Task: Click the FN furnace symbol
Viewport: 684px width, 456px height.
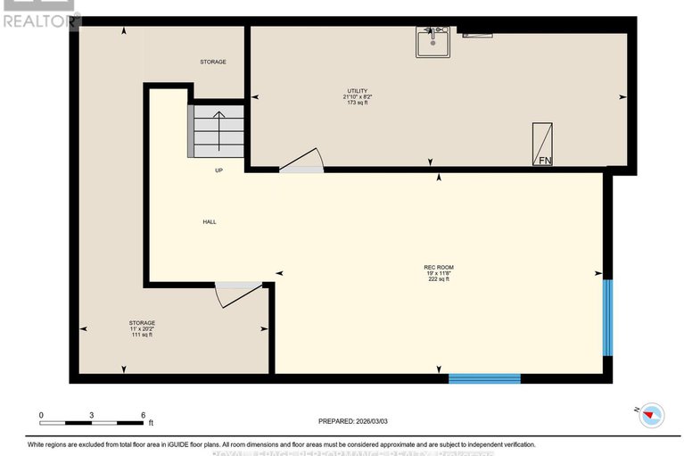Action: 542,145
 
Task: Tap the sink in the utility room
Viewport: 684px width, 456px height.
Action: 433,42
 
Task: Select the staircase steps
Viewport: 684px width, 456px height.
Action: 217,132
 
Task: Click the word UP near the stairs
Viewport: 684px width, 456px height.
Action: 218,170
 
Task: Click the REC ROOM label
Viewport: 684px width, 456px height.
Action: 439,267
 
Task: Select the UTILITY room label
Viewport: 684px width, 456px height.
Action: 357,91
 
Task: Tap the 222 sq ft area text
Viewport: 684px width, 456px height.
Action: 439,279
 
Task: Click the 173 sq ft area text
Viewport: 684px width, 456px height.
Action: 357,103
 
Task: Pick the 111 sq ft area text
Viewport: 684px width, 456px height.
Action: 142,335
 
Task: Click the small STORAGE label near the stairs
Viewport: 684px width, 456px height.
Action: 212,62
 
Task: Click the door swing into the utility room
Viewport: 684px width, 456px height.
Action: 301,161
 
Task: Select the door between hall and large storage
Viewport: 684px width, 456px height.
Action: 238,294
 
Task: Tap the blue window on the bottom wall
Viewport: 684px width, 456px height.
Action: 484,378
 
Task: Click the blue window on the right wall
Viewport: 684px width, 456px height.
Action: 607,318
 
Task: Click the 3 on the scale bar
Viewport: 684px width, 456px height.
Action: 92,415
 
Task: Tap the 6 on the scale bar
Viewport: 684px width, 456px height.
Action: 143,415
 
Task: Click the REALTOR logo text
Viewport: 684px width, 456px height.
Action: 41,21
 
